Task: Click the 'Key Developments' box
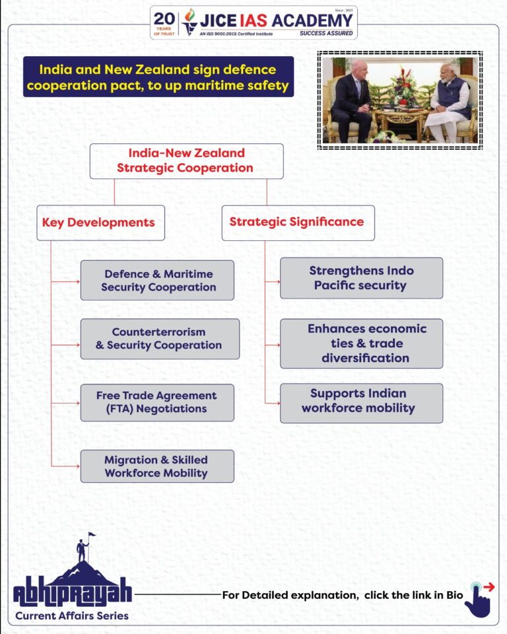click(x=98, y=223)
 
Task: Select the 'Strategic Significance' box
click(x=296, y=223)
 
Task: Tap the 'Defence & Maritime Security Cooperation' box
click(x=157, y=281)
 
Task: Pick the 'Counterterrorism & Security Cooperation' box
click(x=158, y=339)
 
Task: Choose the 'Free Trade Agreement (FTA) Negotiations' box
click(x=156, y=402)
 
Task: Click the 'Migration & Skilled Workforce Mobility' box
click(x=156, y=466)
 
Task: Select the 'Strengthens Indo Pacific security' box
click(x=361, y=278)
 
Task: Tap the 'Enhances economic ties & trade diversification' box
click(x=361, y=343)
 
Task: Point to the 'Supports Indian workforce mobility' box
click(x=361, y=401)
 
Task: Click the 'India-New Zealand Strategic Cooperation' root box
click(x=186, y=160)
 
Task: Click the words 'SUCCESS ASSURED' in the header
click(x=325, y=33)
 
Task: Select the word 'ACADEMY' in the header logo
click(x=312, y=20)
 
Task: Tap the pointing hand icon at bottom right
click(x=479, y=598)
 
